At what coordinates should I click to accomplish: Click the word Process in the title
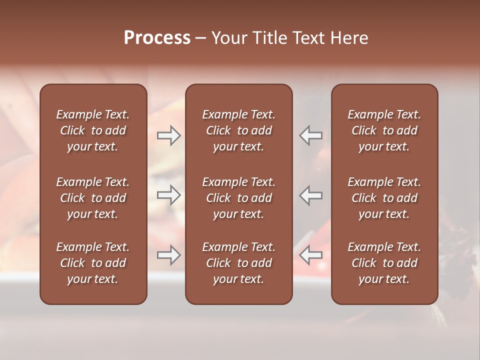pos(157,38)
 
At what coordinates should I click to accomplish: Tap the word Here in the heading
pos(349,38)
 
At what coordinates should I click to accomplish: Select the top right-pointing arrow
pos(168,135)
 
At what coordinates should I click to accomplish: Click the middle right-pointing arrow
pos(168,195)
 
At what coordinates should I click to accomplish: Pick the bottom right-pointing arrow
pos(168,255)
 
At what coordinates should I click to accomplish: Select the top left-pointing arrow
pos(311,135)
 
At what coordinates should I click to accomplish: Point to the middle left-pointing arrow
pos(311,195)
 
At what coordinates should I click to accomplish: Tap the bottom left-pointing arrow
pos(311,255)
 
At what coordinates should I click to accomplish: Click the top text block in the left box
pos(93,130)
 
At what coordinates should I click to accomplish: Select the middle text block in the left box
pos(93,198)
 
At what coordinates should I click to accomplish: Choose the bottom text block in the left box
pos(93,263)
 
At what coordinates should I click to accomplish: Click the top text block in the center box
pos(238,130)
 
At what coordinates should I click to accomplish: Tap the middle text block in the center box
pos(238,198)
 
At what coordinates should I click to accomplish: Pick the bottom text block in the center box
pos(238,263)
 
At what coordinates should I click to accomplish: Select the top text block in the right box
pos(384,130)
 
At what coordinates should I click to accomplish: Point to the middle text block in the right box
pos(384,198)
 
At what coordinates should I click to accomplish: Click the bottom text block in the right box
pos(384,263)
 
